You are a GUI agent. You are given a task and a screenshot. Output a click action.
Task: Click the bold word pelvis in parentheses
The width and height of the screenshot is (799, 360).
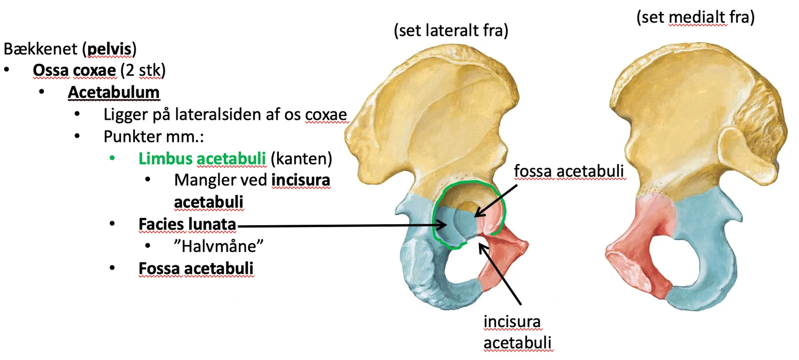click(x=109, y=49)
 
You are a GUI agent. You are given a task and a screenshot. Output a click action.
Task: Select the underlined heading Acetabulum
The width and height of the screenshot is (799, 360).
click(x=114, y=92)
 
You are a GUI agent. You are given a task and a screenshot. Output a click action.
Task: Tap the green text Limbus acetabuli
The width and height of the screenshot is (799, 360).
click(x=202, y=158)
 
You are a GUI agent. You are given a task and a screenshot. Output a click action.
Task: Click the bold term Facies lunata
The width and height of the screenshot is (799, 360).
click(x=187, y=224)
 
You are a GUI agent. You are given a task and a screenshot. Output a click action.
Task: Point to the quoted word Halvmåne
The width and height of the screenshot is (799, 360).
click(x=219, y=246)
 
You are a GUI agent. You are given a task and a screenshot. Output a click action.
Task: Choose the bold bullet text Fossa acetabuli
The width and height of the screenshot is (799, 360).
click(x=196, y=269)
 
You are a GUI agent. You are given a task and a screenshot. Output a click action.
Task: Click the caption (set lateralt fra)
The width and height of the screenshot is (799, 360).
click(x=451, y=30)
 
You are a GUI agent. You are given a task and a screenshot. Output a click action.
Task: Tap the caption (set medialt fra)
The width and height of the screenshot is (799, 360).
click(x=696, y=17)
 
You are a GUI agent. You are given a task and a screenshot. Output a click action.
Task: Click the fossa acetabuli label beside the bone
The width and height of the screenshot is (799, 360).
click(x=569, y=171)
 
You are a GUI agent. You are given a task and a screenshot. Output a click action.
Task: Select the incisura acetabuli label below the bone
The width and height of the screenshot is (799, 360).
click(x=517, y=332)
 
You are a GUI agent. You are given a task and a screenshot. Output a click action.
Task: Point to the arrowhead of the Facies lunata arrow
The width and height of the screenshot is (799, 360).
click(x=442, y=225)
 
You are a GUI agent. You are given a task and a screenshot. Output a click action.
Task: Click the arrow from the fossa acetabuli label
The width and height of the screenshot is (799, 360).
click(x=496, y=201)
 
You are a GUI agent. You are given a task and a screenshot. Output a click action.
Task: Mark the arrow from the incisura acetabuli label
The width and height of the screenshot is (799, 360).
click(x=500, y=274)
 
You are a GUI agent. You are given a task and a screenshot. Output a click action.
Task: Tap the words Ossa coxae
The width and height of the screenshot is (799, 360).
click(x=74, y=70)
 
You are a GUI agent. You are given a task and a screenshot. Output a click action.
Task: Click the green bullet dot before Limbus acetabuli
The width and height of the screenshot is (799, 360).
click(x=112, y=158)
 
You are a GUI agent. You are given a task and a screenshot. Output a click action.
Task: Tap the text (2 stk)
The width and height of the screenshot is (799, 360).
click(x=143, y=70)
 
